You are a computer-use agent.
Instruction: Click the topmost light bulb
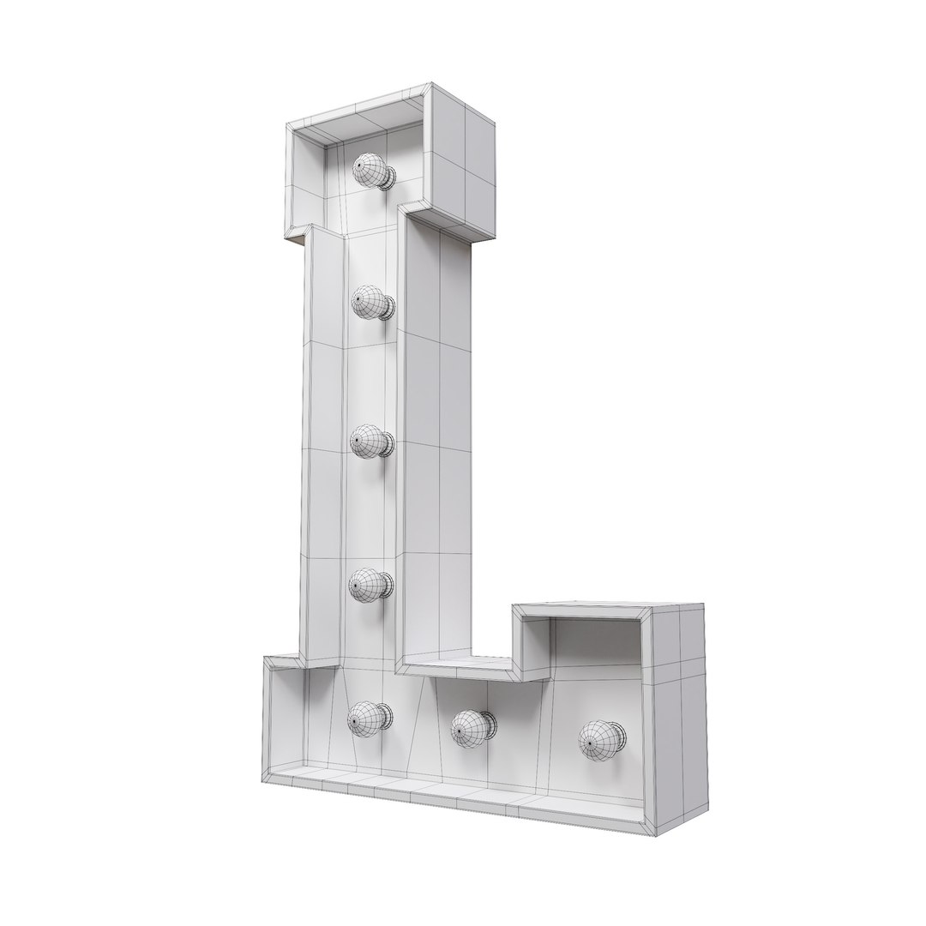tap(370, 171)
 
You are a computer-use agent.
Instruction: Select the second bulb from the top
tap(370, 303)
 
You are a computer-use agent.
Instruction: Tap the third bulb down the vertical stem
tap(370, 442)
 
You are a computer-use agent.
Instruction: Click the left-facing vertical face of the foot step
tap(531, 643)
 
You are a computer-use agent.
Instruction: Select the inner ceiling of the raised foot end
tap(592, 616)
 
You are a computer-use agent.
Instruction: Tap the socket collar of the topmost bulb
tap(390, 177)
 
